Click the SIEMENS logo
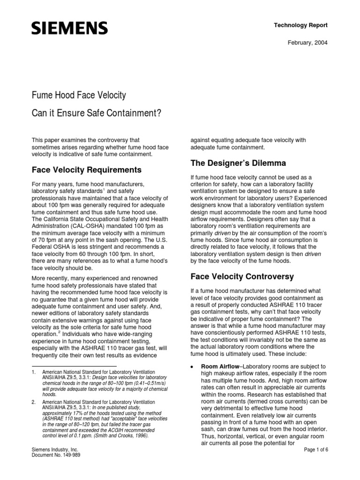(69, 29)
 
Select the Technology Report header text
(300, 25)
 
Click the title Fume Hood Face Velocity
(79, 96)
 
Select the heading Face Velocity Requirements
(86, 169)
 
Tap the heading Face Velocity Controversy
(242, 277)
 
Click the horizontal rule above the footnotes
(74, 366)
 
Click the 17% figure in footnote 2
(75, 414)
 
